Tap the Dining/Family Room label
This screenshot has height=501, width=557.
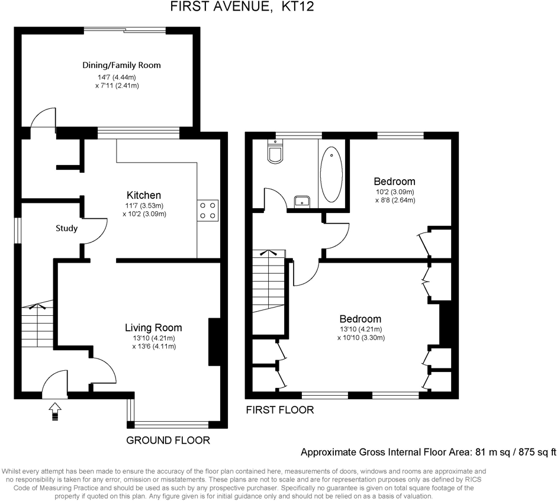coord(121,65)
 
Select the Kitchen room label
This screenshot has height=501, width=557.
coord(144,195)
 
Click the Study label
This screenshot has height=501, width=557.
coord(66,228)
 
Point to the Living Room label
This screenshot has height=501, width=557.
coord(153,328)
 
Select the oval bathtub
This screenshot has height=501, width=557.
coord(331,174)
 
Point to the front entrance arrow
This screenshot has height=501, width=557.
coord(55,409)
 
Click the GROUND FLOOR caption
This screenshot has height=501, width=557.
coord(169,440)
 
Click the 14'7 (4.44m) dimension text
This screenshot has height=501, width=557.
coord(117,77)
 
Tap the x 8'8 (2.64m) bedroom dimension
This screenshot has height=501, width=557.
coord(395,200)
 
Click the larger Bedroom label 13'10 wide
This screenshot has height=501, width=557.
coord(360,319)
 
